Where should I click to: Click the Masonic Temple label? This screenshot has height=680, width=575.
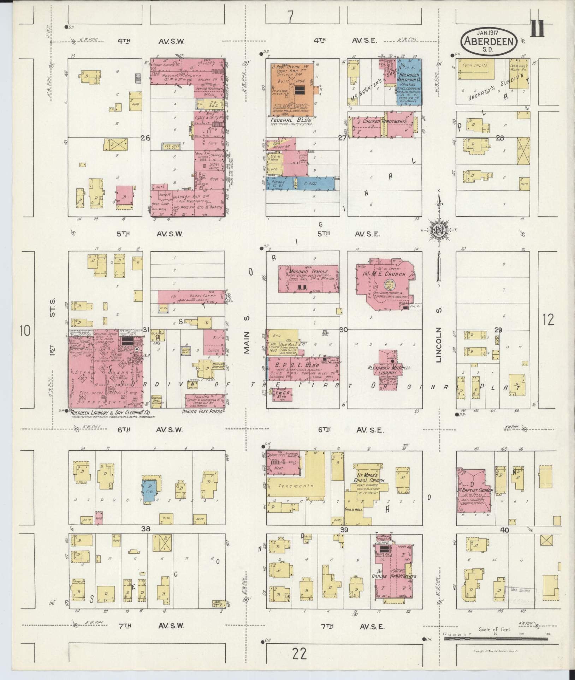click(x=303, y=272)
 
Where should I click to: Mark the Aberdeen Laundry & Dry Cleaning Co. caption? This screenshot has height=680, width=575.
click(x=111, y=412)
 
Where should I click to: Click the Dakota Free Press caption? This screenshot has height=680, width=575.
click(x=203, y=411)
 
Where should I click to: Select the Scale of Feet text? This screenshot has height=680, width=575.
click(x=495, y=629)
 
